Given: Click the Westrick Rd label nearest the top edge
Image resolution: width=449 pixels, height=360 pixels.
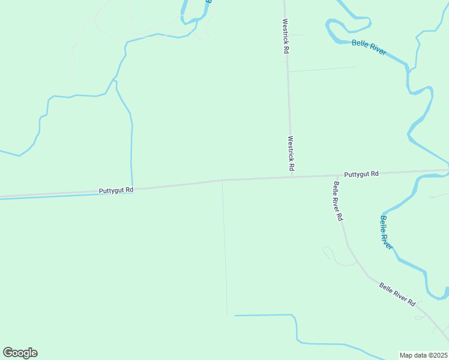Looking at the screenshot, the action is pyautogui.click(x=286, y=37).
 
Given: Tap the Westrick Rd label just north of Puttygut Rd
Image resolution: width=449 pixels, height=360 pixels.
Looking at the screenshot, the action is pyautogui.click(x=291, y=152).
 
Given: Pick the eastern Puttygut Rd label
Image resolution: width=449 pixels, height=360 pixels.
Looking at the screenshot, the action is pyautogui.click(x=361, y=174).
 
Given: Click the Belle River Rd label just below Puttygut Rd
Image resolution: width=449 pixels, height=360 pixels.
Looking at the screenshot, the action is pyautogui.click(x=338, y=200).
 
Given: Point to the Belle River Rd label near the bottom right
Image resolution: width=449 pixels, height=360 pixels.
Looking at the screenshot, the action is pyautogui.click(x=397, y=294).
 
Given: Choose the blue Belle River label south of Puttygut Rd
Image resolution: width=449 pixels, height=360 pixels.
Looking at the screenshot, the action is pyautogui.click(x=387, y=233).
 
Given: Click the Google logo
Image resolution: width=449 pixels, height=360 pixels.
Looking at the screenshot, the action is pyautogui.click(x=20, y=353).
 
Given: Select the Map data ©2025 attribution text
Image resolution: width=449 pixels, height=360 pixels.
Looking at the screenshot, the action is pyautogui.click(x=423, y=355).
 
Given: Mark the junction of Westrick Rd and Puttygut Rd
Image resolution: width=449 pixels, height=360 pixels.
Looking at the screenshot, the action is pyautogui.click(x=292, y=177).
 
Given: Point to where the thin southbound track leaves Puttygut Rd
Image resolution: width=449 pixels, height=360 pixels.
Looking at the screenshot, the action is pyautogui.click(x=223, y=180).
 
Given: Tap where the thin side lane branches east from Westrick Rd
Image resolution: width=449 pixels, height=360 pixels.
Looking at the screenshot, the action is pyautogui.click(x=288, y=72).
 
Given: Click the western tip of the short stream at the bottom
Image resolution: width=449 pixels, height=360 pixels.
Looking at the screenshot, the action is pyautogui.click(x=235, y=315).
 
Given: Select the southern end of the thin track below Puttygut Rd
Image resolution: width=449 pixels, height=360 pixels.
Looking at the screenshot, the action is pyautogui.click(x=227, y=314).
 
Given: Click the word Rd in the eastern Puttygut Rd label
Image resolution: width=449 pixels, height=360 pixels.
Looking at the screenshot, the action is pyautogui.click(x=375, y=174).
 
